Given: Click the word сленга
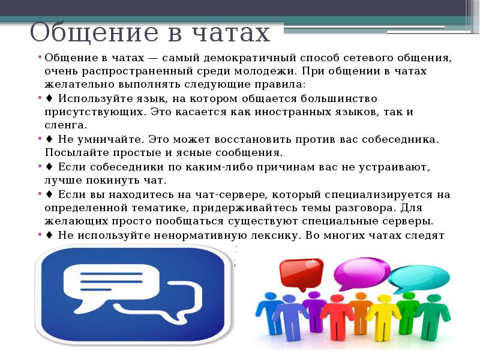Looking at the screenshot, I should point(66,125).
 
